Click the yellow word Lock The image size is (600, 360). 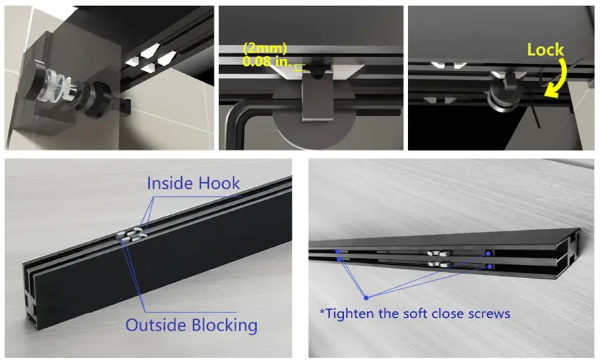coord(545,49)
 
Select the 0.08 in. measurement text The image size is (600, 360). coord(266,63)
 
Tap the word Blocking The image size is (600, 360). coord(224,326)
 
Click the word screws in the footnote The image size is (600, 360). coord(488,313)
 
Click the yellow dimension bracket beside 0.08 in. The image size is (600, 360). coord(299,67)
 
